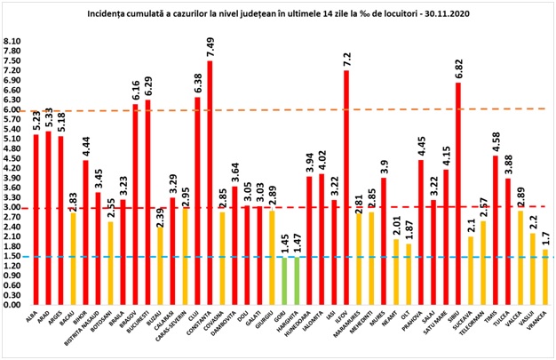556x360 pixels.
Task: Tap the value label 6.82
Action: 457,68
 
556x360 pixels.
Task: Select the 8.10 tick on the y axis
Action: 13,41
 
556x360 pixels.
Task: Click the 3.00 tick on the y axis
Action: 13,207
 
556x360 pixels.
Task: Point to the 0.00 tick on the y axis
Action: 13,305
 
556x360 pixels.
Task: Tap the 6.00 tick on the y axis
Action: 13,109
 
